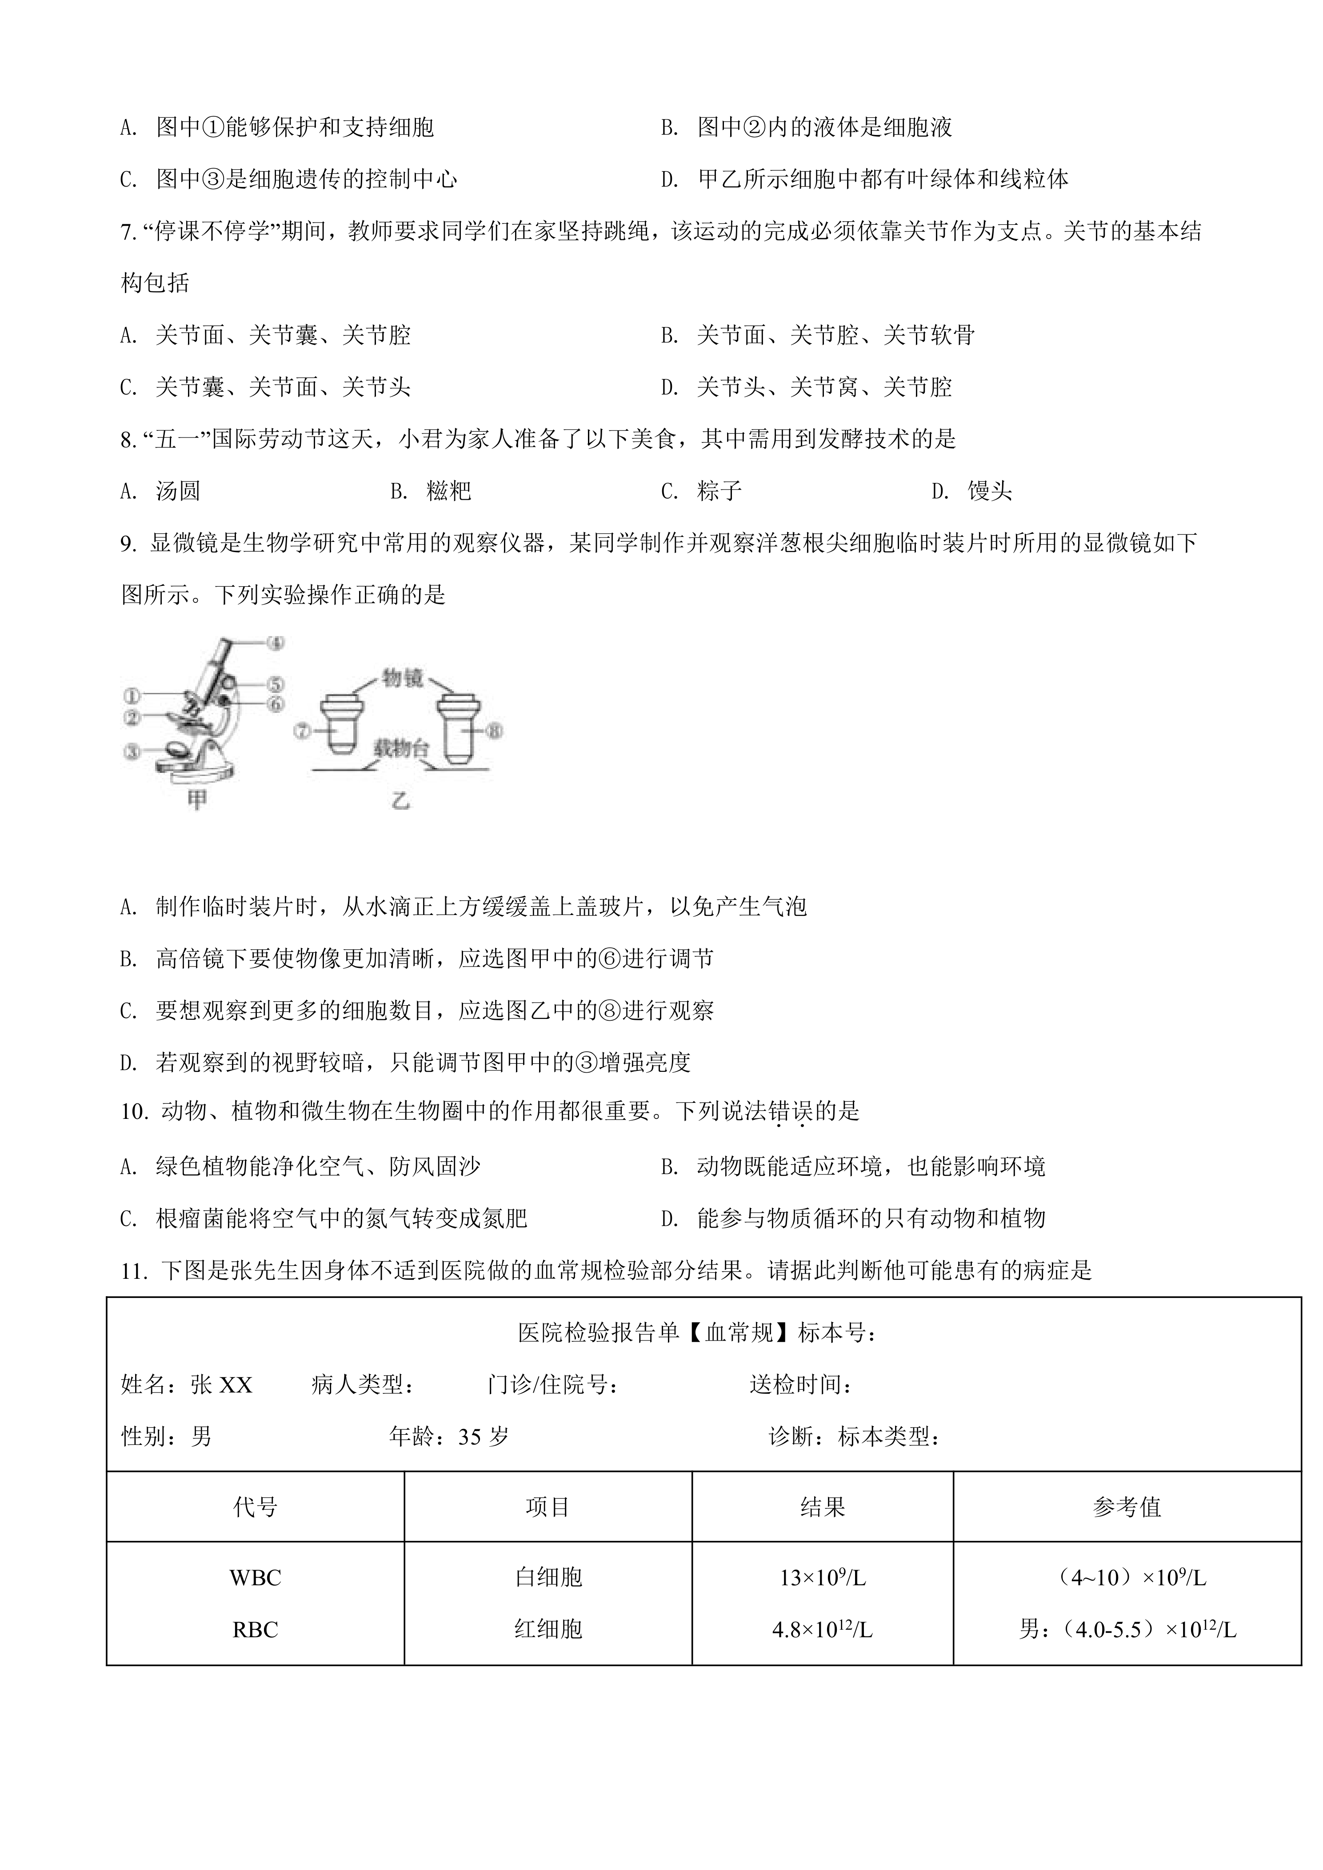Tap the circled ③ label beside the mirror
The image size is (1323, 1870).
(x=131, y=752)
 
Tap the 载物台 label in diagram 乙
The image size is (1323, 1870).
(x=402, y=749)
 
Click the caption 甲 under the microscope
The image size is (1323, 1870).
(x=197, y=800)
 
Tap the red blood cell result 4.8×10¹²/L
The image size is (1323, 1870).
(x=822, y=1630)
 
